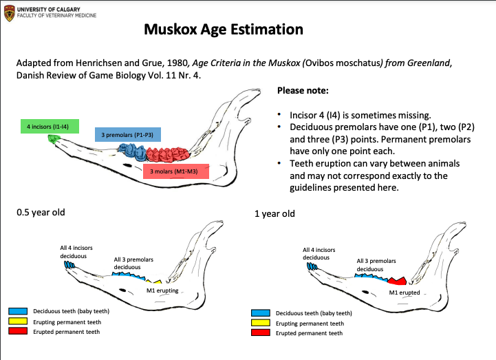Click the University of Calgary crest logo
[8, 12]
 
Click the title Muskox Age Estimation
[224, 30]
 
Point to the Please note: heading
[303, 90]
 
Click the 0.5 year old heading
[41, 212]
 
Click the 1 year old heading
[274, 213]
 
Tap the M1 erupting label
[162, 291]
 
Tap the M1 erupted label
[405, 293]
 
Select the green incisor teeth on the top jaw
[52, 139]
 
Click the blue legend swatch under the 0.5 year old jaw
[17, 311]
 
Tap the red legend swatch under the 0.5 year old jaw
[17, 332]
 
